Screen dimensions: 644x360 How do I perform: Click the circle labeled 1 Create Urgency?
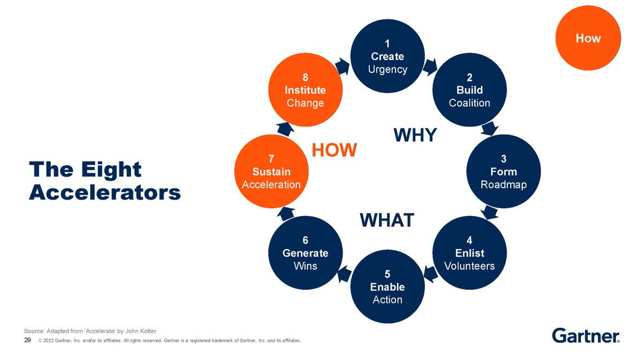387,56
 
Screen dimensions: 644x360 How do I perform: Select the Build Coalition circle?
470,90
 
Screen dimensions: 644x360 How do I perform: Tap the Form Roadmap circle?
503,172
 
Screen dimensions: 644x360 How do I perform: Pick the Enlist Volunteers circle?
470,253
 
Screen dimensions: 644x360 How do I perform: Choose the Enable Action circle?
387,287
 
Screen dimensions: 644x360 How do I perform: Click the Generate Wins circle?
305,253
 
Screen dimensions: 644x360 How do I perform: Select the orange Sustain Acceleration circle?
271,172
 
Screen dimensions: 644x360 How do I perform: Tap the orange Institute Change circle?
305,90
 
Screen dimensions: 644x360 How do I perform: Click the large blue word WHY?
415,135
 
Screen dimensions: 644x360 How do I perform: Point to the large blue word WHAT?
386,220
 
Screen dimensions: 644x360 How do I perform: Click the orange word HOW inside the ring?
334,150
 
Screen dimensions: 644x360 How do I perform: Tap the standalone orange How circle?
588,39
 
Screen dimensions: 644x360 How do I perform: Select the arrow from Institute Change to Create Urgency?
342,67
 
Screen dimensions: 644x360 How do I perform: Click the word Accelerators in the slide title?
105,192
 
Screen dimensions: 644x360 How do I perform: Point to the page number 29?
27,340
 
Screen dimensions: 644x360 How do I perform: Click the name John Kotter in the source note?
141,330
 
